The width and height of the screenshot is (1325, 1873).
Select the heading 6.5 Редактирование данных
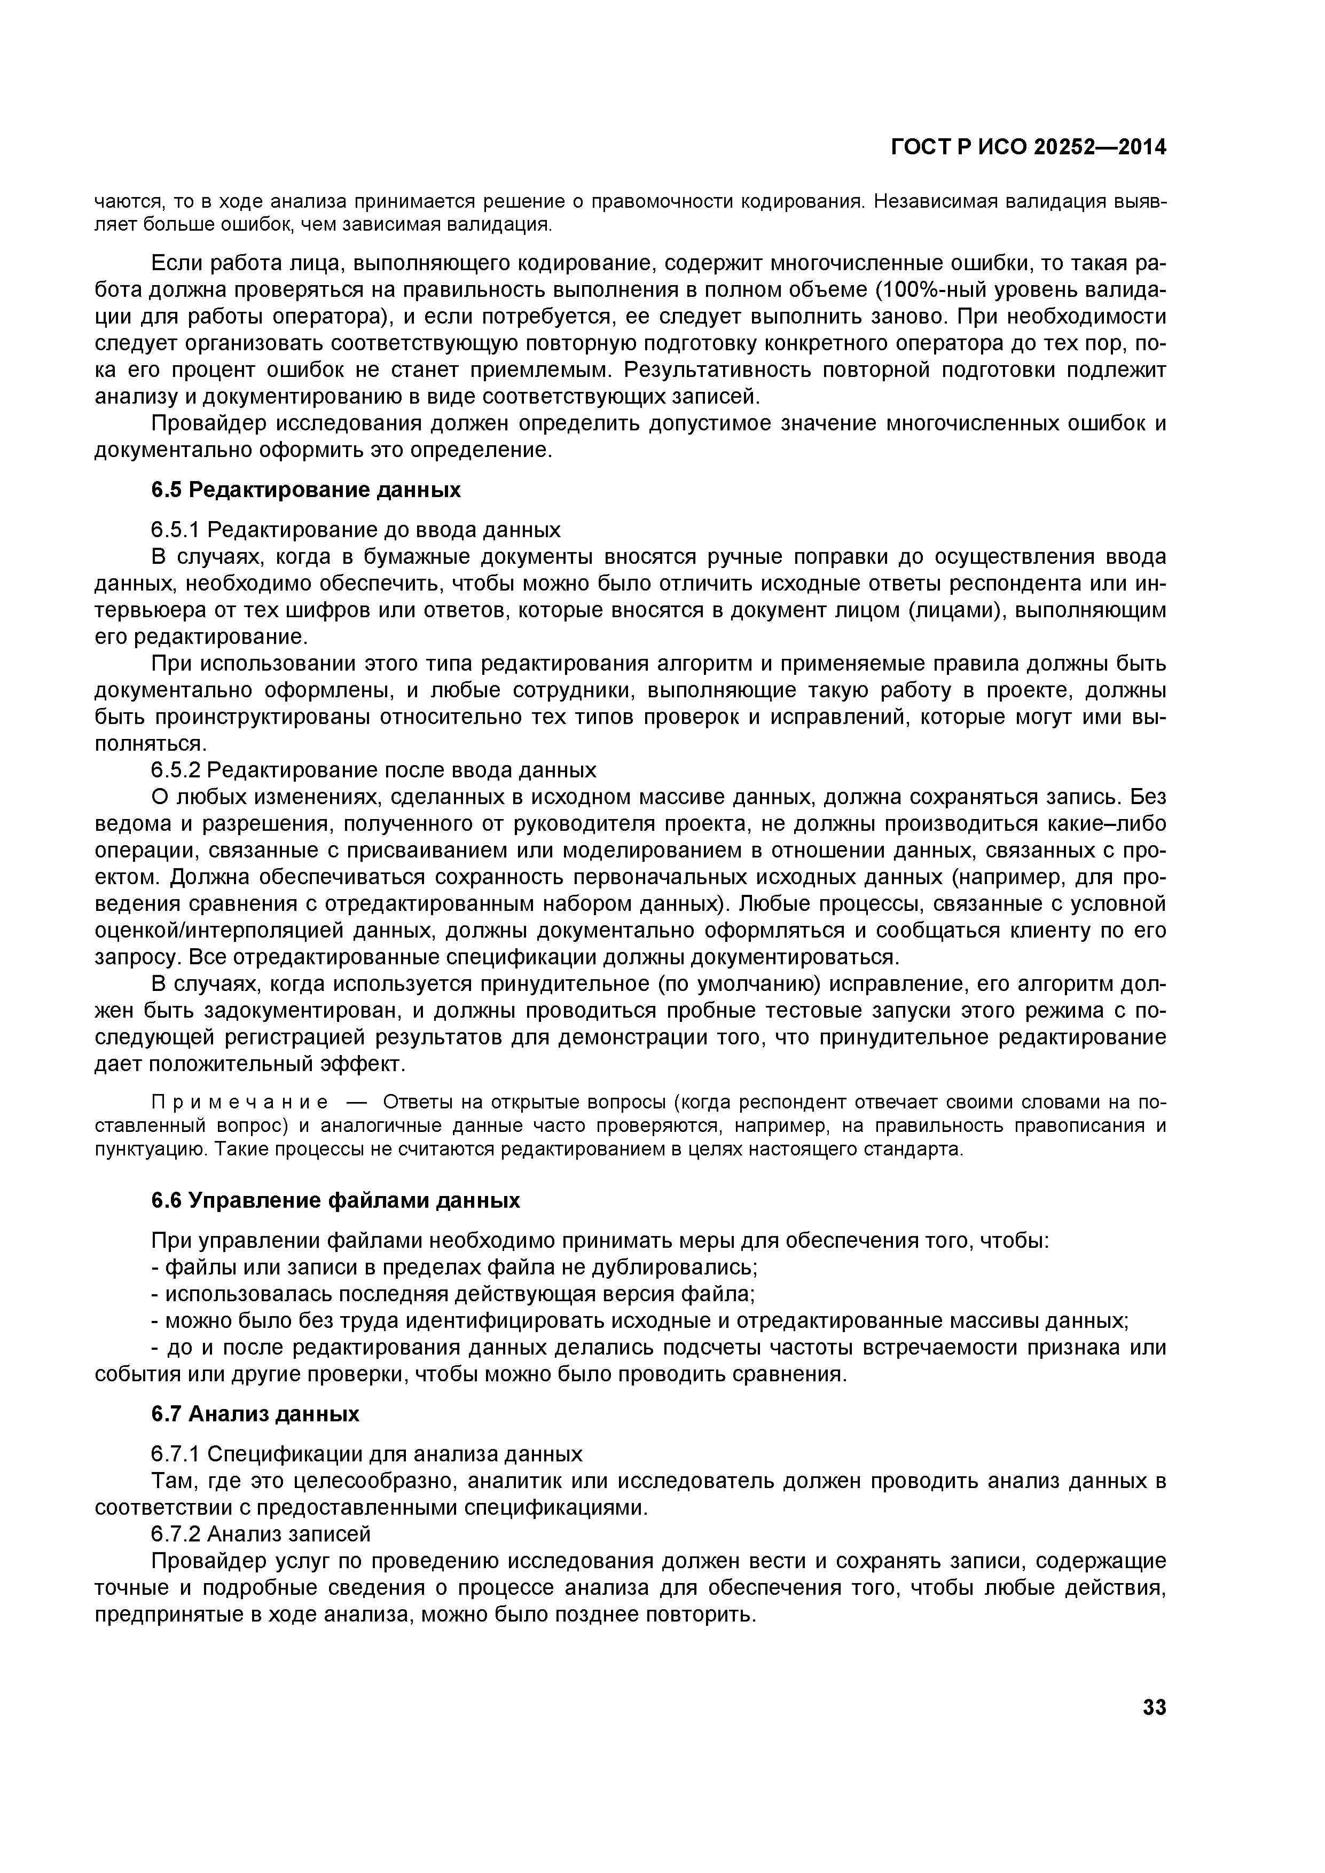(306, 490)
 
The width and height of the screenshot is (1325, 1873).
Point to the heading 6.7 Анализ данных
(255, 1414)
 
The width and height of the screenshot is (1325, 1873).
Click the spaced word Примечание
(241, 1103)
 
